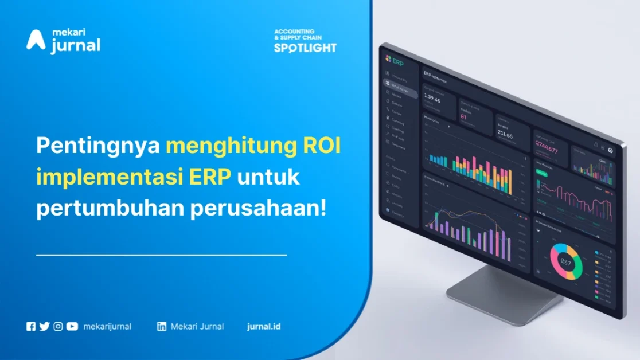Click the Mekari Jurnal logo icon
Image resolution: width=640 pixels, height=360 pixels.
(36, 40)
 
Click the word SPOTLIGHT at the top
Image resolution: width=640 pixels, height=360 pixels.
(305, 48)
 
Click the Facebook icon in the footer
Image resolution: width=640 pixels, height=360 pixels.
(31, 327)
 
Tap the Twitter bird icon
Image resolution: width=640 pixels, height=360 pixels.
(44, 327)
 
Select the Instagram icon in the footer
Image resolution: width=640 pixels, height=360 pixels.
(58, 327)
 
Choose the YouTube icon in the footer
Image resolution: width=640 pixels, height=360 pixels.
(72, 327)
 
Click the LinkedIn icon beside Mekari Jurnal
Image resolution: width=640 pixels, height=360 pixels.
(162, 327)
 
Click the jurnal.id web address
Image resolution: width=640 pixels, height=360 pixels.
(264, 327)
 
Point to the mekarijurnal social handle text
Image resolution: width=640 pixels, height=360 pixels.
(107, 327)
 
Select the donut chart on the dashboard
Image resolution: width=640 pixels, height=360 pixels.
(565, 261)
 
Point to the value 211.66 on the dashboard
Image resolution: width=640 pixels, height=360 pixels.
(505, 135)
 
